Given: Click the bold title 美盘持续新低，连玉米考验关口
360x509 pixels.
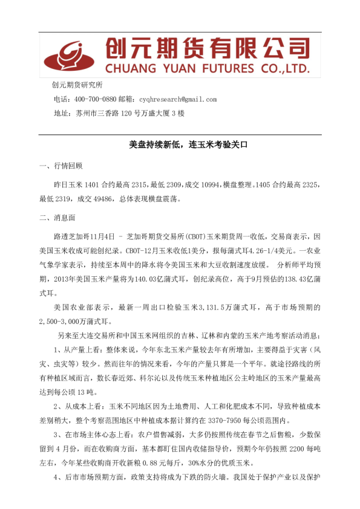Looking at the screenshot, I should point(180,146).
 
